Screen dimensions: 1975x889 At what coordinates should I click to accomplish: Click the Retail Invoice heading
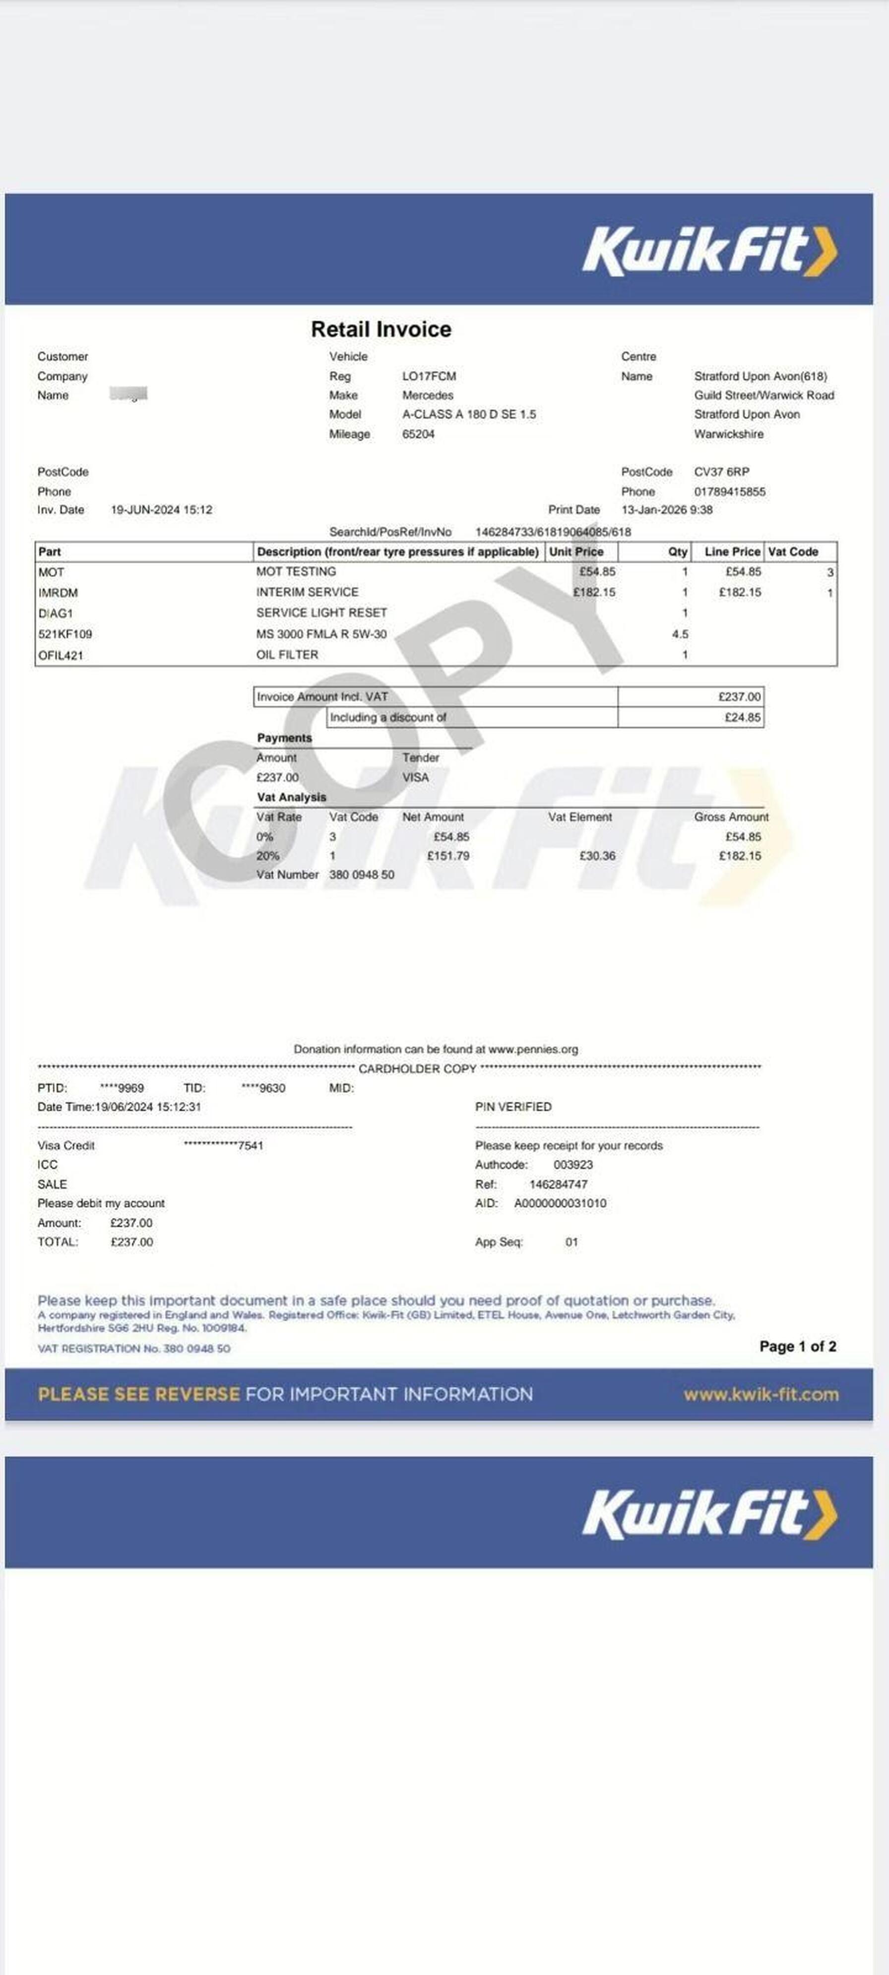[x=381, y=330]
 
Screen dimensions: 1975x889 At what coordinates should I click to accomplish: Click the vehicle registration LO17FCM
[x=429, y=376]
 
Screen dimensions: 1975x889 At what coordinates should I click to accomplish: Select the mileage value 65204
[x=418, y=434]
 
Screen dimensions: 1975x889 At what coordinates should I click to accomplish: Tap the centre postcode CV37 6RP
[x=721, y=472]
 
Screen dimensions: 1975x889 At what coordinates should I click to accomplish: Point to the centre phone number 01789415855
[x=729, y=492]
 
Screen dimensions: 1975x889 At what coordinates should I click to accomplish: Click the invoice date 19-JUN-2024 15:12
[x=161, y=510]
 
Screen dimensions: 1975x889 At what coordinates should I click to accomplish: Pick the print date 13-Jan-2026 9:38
[x=667, y=510]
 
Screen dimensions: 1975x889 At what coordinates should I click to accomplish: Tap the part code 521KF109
[x=65, y=634]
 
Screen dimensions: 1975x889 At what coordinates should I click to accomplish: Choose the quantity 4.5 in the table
[x=680, y=634]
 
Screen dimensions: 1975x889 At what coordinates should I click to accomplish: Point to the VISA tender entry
[x=416, y=777]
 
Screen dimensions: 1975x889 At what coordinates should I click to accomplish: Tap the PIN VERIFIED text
[x=513, y=1107]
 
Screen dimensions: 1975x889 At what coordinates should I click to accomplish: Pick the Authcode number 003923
[x=573, y=1165]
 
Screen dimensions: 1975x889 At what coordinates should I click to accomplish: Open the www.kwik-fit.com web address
[x=761, y=1395]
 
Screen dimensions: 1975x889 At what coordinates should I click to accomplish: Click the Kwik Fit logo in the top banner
[x=709, y=250]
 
